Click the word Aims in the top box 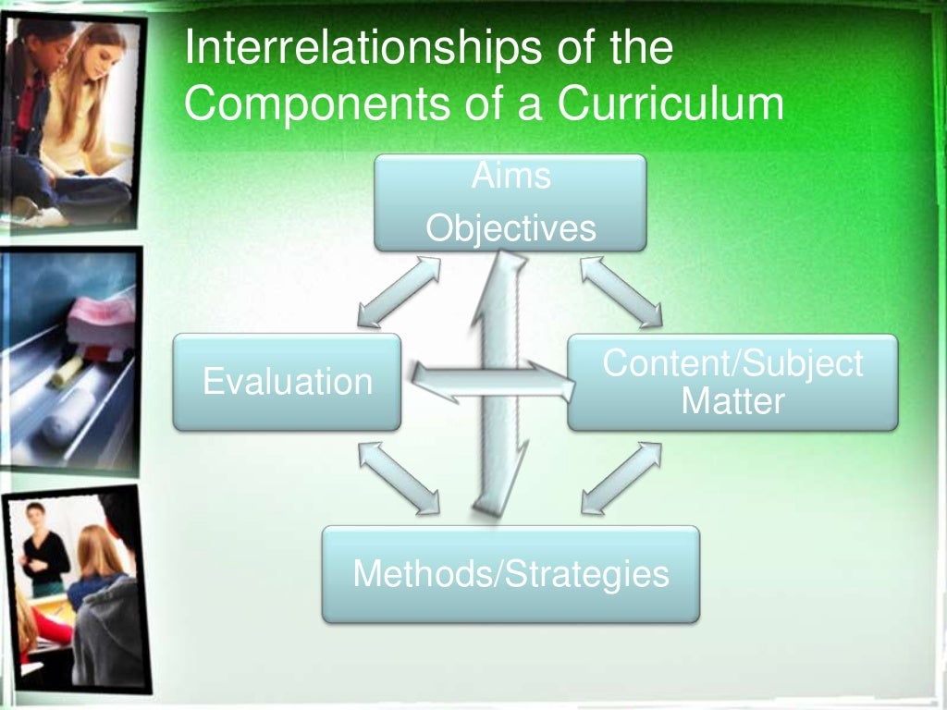tap(510, 176)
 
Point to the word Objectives tap(510, 228)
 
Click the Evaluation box tap(287, 382)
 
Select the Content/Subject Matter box tap(732, 382)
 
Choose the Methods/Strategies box tap(510, 574)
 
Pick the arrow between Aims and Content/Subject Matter tap(621, 291)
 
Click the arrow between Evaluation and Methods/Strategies tap(400, 477)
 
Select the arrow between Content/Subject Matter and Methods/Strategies tap(621, 477)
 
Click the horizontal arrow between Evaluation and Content tap(490, 382)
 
